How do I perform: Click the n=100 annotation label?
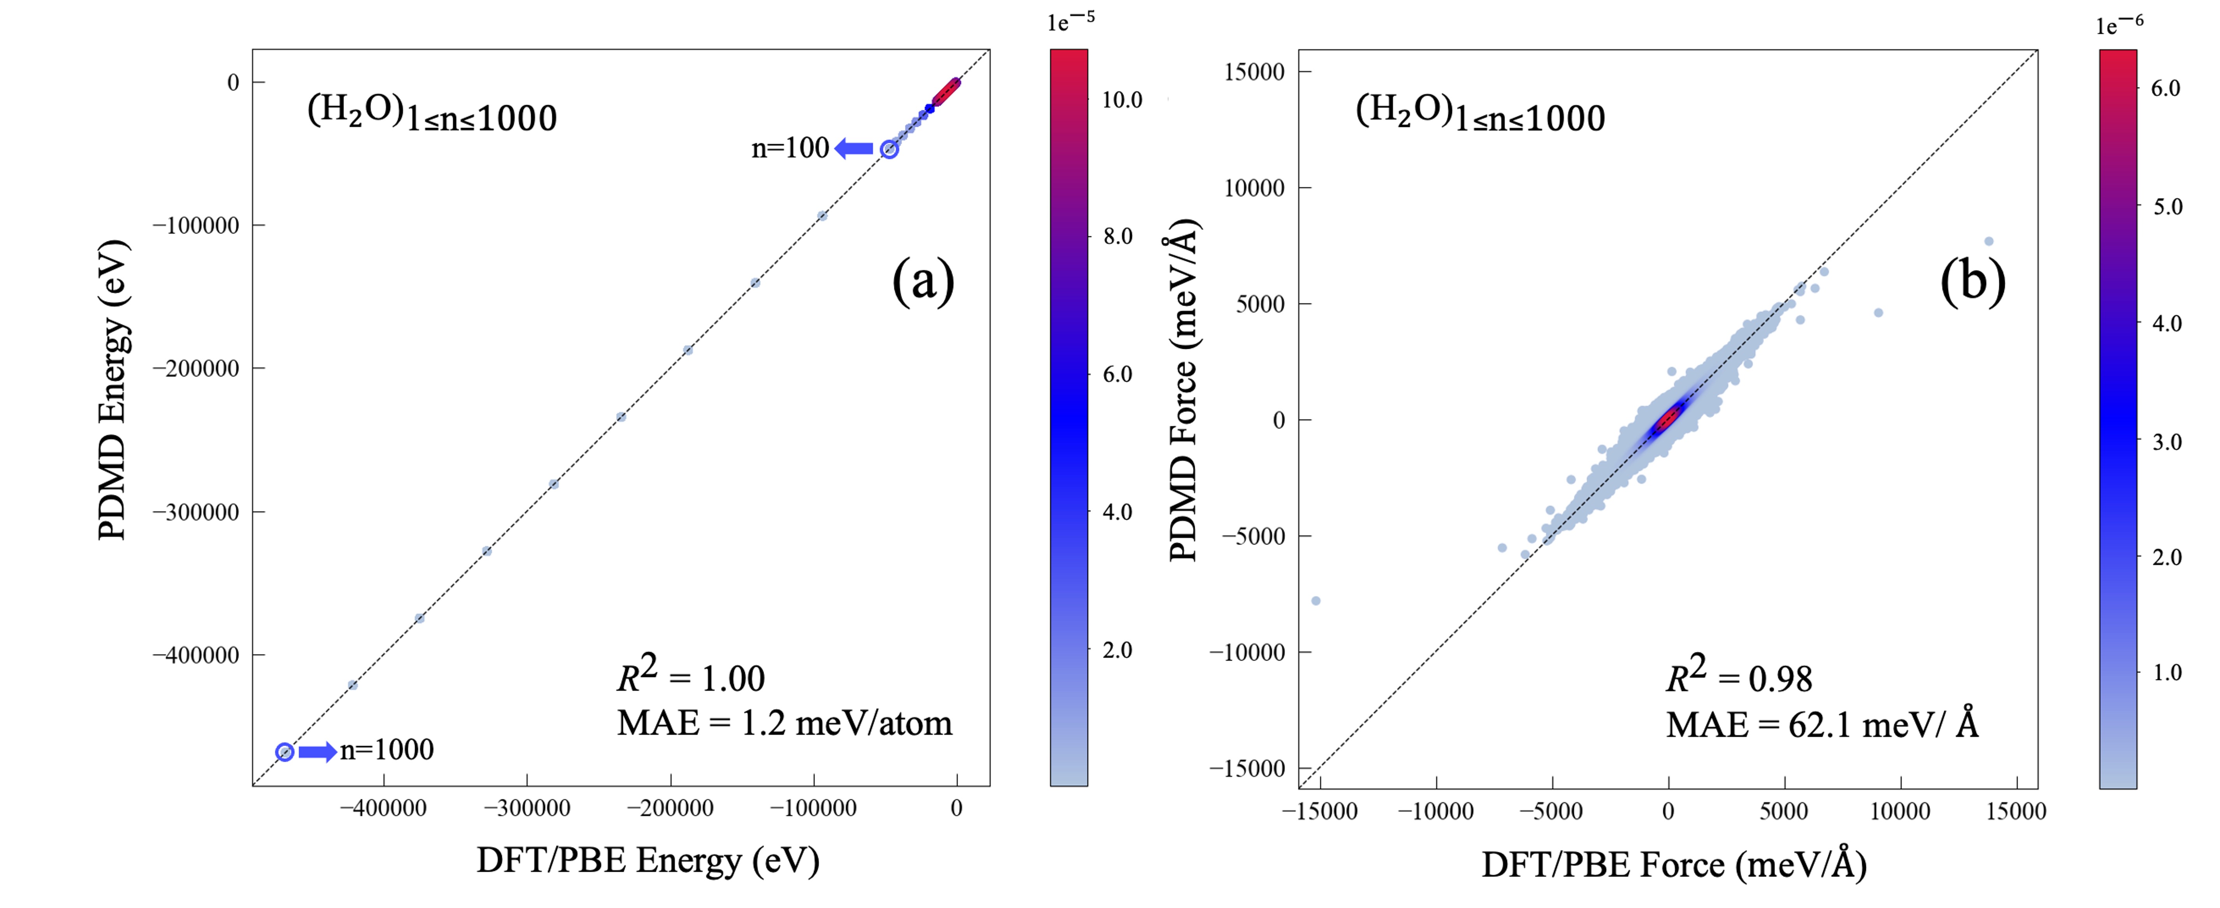[x=790, y=148]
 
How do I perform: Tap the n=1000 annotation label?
[x=387, y=750]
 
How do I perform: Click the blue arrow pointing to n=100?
[x=854, y=149]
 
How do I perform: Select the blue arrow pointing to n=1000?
[x=317, y=752]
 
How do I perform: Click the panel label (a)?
[x=923, y=281]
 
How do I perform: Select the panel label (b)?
[x=1973, y=281]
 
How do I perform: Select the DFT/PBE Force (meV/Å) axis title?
[x=1674, y=864]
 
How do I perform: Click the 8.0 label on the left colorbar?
[x=1118, y=236]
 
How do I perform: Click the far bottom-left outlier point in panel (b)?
[x=1315, y=600]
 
